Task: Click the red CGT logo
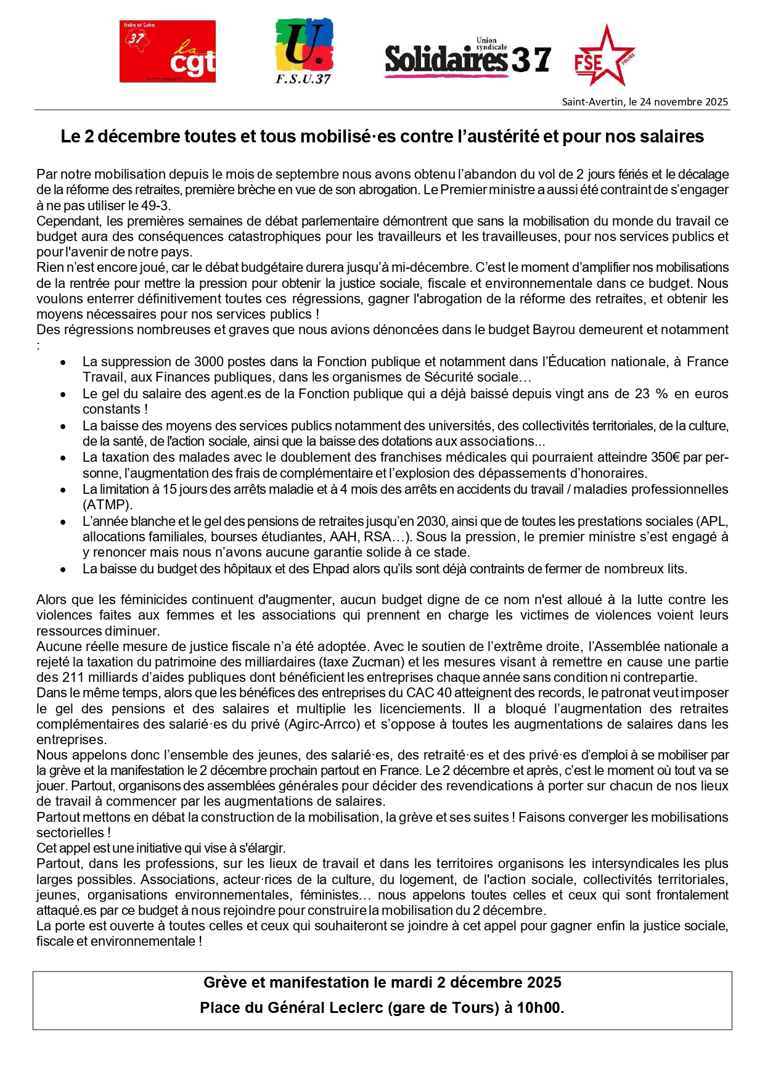167,51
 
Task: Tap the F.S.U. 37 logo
303,51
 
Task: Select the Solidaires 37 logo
467,59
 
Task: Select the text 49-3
156,205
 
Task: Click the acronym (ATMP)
107,505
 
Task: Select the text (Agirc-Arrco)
322,724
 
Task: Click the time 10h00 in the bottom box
539,1008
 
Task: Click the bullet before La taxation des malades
63,459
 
